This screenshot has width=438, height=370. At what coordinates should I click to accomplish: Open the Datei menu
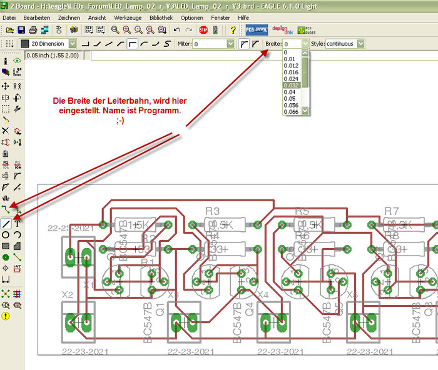tap(9, 18)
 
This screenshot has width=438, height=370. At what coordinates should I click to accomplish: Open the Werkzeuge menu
tap(127, 18)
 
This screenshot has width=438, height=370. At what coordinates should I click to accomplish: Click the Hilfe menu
tap(243, 18)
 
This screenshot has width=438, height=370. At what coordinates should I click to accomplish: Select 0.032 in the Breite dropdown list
tap(291, 85)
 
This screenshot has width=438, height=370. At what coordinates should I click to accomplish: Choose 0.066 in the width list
tap(291, 111)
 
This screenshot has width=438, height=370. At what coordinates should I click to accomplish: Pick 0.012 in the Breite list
tap(291, 65)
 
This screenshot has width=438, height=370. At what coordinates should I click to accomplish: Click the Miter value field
tap(213, 44)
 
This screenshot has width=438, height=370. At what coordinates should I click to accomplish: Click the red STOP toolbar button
tap(203, 30)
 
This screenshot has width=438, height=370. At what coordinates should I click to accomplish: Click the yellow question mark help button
tap(233, 30)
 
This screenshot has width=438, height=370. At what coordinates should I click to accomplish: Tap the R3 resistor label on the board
tap(213, 211)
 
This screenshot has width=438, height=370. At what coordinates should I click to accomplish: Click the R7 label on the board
tap(392, 211)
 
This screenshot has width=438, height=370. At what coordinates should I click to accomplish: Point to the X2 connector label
tap(68, 294)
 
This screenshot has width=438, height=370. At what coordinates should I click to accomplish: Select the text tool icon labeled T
tap(18, 223)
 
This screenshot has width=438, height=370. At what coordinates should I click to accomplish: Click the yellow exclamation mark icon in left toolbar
tap(6, 316)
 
